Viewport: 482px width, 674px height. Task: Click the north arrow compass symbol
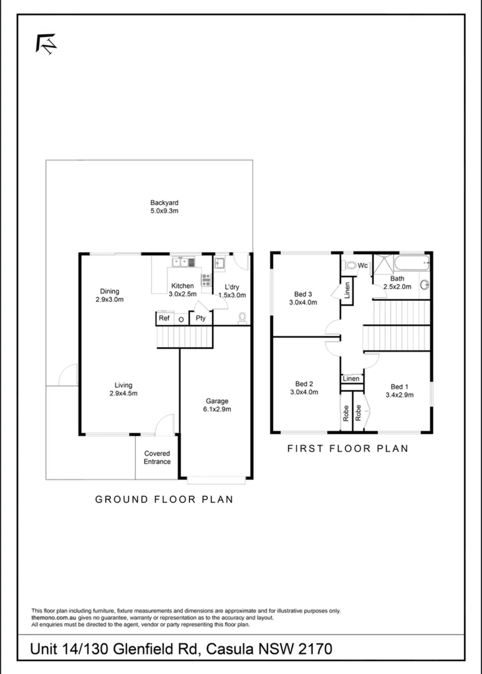click(x=46, y=44)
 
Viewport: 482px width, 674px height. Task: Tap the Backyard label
click(x=164, y=202)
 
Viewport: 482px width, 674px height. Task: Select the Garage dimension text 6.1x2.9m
click(x=217, y=409)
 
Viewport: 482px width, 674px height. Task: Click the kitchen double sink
click(x=183, y=261)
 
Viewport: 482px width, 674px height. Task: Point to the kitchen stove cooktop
click(x=206, y=280)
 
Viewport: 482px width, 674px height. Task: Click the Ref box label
click(x=164, y=318)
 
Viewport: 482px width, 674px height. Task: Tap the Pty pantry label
click(x=201, y=318)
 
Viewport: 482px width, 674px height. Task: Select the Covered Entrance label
click(x=157, y=457)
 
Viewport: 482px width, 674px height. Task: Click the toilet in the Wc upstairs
click(x=350, y=266)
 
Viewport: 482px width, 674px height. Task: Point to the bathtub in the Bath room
click(x=412, y=263)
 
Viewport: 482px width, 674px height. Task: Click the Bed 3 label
click(x=303, y=294)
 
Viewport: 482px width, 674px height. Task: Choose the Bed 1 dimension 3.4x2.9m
click(x=400, y=395)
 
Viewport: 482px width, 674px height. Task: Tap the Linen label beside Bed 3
click(x=347, y=290)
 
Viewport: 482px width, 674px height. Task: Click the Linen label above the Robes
click(x=351, y=379)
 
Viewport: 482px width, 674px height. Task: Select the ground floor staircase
click(x=185, y=336)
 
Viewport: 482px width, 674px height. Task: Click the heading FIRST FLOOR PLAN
click(x=347, y=448)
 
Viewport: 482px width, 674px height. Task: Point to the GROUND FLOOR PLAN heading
click(x=164, y=499)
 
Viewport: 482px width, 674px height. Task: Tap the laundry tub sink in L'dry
click(x=220, y=263)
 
